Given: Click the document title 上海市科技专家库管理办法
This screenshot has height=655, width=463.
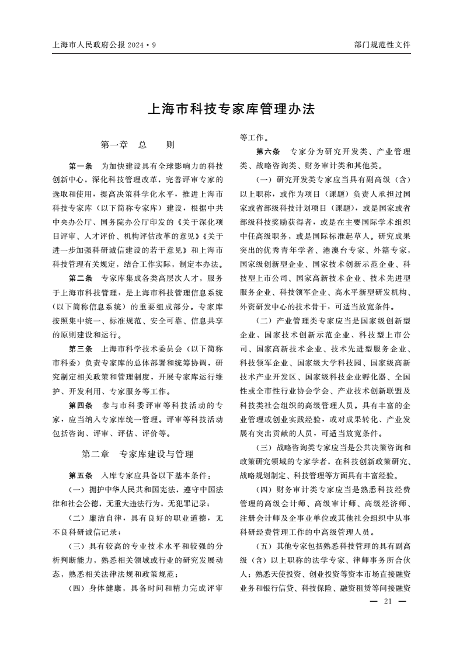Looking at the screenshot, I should point(231,109).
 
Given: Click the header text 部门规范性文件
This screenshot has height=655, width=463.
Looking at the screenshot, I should point(382,44).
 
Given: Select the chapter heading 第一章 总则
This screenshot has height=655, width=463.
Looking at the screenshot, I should point(138,144).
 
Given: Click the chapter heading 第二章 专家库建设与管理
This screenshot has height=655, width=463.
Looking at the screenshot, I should point(138,453).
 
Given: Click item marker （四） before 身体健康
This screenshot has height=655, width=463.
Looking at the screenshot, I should point(78,588).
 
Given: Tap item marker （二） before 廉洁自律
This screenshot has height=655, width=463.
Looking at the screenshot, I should point(78,518).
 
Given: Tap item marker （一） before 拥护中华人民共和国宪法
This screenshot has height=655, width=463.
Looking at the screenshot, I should point(78,489).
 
